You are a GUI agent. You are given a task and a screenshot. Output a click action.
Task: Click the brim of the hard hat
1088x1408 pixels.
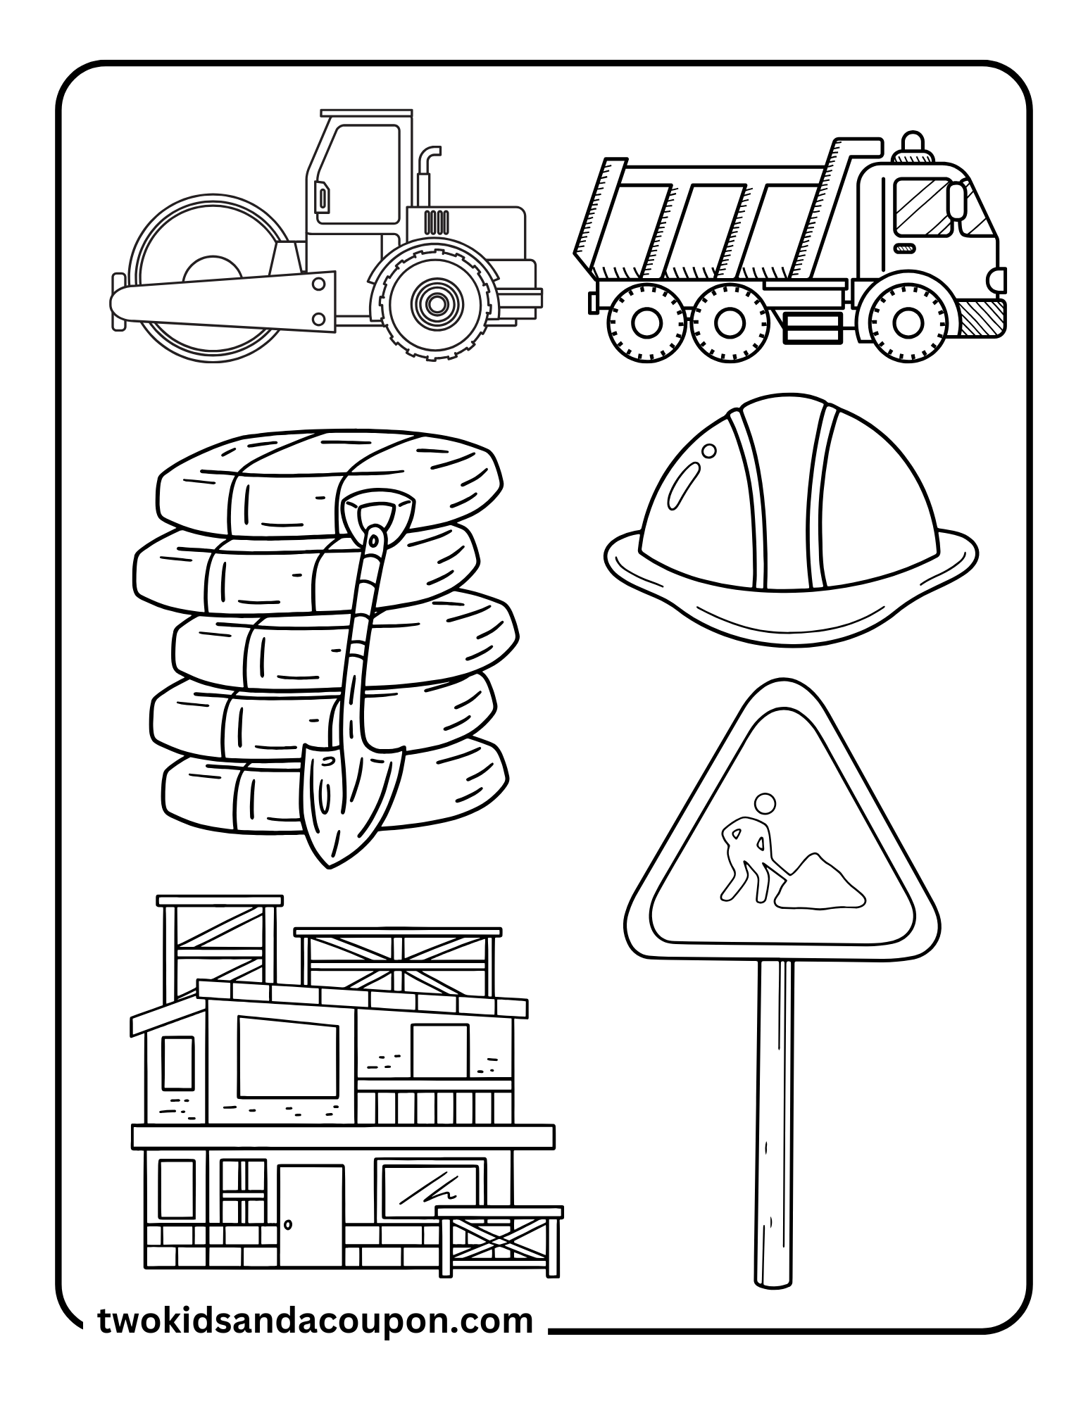(x=789, y=612)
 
